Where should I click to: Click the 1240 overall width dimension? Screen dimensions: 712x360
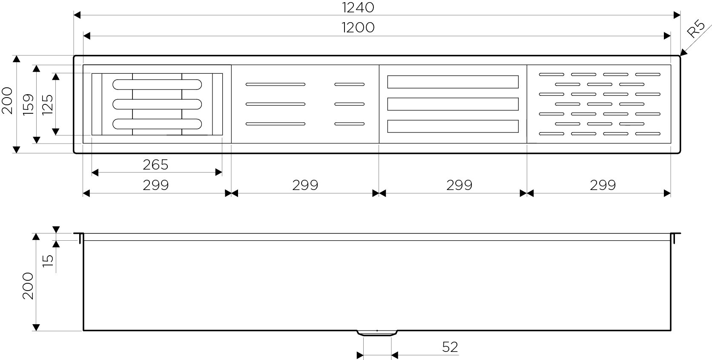[x=358, y=8]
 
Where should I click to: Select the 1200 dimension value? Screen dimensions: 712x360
[x=358, y=28]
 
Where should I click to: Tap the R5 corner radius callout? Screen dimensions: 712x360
[x=696, y=28]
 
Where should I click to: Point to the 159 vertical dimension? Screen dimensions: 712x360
[x=29, y=104]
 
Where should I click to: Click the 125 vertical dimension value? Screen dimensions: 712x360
[x=48, y=104]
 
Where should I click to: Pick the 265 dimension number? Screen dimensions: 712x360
[x=155, y=165]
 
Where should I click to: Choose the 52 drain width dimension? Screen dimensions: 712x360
[x=450, y=347]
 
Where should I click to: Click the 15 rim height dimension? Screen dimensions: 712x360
[x=48, y=261]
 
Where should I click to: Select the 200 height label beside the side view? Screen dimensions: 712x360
[x=28, y=285]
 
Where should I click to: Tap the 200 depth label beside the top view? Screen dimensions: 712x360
[x=7, y=101]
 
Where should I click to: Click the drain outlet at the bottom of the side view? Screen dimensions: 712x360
[x=377, y=333]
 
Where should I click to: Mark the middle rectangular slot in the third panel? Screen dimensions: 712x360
[x=453, y=104]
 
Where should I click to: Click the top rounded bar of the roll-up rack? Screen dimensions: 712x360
[x=157, y=84]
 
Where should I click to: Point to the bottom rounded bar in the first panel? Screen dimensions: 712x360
[x=157, y=124]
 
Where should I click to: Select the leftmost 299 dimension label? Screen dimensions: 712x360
[x=155, y=185]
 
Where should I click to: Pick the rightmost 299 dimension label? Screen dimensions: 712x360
[x=603, y=185]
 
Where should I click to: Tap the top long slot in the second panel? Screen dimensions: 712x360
[x=275, y=84]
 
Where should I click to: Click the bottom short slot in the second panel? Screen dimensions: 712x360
[x=349, y=124]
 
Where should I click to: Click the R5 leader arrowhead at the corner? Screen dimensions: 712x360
[x=683, y=52]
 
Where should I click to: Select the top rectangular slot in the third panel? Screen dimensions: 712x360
[x=453, y=82]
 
